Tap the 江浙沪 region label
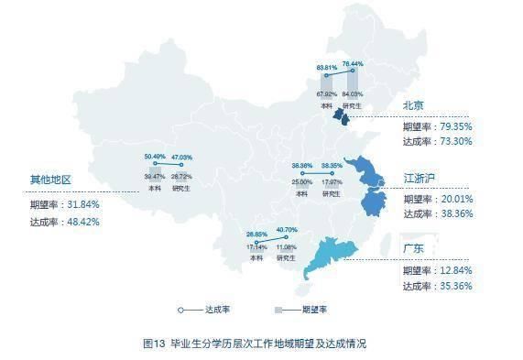coord(418,177)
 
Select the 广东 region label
coord(413,248)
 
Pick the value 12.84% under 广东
coord(454,269)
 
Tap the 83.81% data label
coord(327,68)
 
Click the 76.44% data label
coord(353,64)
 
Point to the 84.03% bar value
coord(353,94)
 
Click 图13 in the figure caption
coord(154,344)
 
